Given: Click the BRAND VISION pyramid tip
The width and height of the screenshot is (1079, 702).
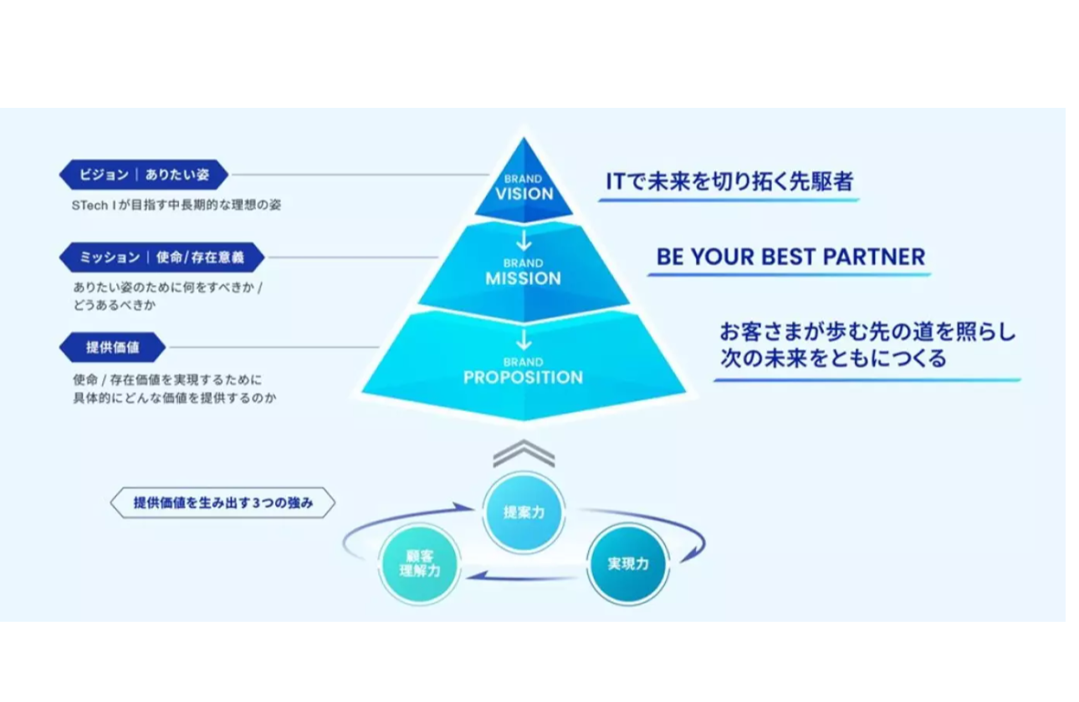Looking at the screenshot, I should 524,186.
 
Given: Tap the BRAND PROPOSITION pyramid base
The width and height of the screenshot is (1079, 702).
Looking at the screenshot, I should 524,372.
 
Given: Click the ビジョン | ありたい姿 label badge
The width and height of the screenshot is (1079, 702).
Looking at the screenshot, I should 143,175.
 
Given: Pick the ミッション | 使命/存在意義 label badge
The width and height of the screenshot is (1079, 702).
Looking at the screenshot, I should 161,257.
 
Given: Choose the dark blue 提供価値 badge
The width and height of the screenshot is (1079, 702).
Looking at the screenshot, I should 112,348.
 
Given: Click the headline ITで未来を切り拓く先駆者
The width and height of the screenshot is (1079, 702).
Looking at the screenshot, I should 729,181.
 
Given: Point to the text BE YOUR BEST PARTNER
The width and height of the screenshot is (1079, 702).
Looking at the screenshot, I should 790,257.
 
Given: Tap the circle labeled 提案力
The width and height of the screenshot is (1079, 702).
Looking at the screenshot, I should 524,512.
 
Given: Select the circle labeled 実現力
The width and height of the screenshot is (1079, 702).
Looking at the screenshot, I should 628,564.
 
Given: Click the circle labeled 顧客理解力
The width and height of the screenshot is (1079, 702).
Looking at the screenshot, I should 420,564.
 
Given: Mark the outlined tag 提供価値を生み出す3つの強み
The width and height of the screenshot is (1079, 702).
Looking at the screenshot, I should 222,504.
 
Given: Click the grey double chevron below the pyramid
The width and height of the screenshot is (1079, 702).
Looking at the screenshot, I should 524,454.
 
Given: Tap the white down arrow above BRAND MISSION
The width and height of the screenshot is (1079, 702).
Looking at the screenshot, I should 524,242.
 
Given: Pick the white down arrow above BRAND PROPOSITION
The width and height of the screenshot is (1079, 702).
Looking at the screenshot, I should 524,340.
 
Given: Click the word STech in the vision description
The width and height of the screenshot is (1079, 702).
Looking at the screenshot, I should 89,205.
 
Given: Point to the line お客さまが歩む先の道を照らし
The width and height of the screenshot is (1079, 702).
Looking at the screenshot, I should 867,332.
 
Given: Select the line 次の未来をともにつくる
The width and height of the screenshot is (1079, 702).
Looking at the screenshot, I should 833,359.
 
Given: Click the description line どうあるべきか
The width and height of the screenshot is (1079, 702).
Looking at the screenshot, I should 115,305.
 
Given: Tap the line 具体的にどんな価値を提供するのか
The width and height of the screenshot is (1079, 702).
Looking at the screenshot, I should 174,398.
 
